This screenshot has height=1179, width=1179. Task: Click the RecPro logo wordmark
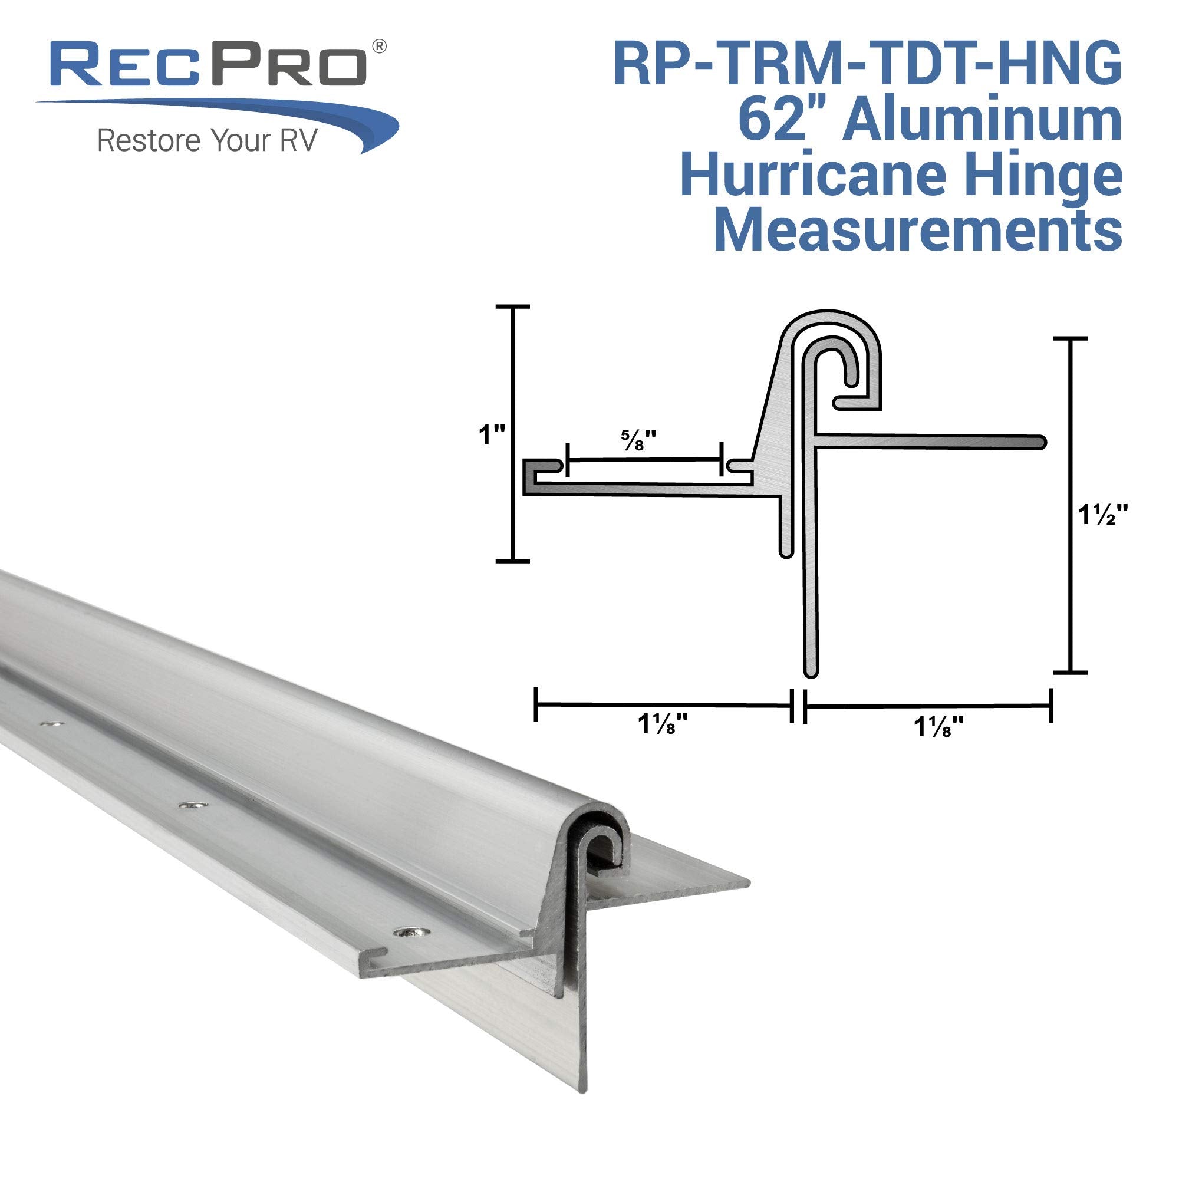tap(210, 64)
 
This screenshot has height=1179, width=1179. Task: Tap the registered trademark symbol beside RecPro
tap(379, 47)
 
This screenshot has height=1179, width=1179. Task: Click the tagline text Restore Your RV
tap(208, 140)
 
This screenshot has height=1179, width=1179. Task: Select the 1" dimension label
tap(492, 435)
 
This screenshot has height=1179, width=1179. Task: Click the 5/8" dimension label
tap(638, 440)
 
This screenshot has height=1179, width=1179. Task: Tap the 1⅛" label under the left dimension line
tap(663, 724)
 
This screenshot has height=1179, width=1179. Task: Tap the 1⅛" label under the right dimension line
tap(938, 727)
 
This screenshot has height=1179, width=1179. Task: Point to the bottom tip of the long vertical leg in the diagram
tap(811, 671)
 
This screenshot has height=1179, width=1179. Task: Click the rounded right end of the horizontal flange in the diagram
tap(1040, 442)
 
